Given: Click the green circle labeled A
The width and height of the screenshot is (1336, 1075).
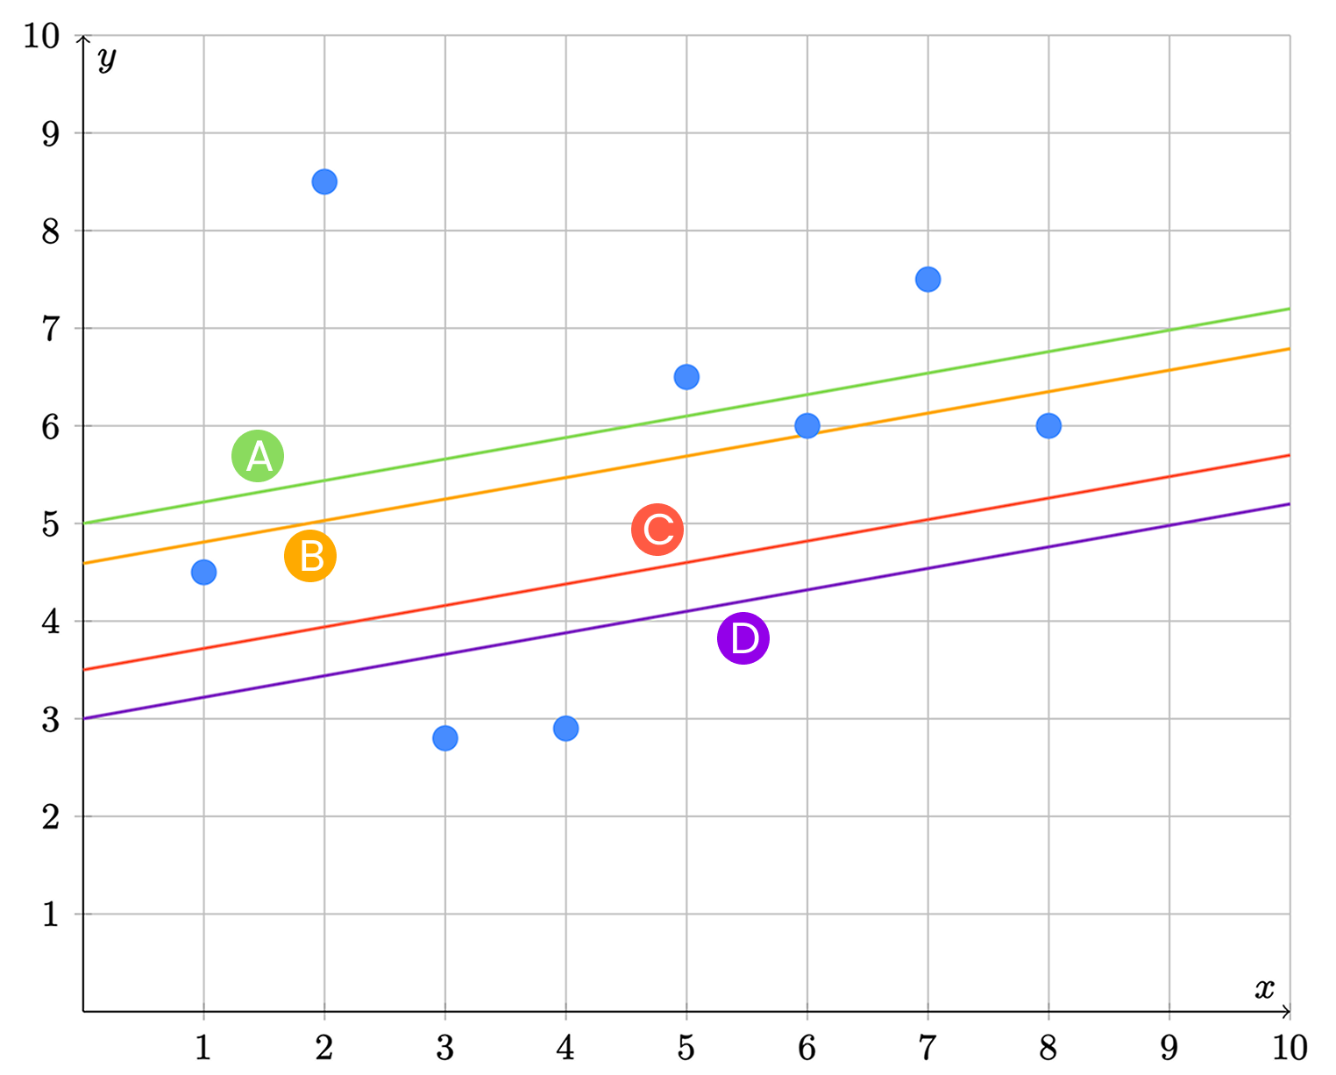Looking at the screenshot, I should (x=258, y=456).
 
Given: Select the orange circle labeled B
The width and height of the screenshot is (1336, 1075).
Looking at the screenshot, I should (x=310, y=556).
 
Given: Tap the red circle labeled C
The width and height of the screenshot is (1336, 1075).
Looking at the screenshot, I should (x=657, y=530).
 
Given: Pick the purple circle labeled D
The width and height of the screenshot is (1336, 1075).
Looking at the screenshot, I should (x=743, y=638).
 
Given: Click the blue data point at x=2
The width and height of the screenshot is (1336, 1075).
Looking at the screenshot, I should (x=324, y=182).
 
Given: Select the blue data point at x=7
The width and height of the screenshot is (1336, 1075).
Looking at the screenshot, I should (x=927, y=280).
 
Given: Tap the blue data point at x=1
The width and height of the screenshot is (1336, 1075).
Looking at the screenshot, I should (x=203, y=572).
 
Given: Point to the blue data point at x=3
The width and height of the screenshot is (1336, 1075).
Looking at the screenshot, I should (x=445, y=738).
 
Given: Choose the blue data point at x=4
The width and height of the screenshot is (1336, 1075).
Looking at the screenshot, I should (x=565, y=729).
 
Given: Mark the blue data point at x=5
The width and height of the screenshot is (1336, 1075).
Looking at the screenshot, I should (x=686, y=377).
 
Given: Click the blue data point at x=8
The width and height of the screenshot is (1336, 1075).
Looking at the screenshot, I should (x=1048, y=426).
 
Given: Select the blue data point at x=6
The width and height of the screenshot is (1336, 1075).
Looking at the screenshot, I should (x=807, y=426).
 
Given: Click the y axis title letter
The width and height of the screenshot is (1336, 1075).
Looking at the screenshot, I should (x=107, y=59).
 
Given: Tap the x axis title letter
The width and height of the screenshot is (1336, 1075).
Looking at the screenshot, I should (x=1264, y=988).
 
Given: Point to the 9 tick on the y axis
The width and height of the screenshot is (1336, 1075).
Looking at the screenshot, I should (x=50, y=134).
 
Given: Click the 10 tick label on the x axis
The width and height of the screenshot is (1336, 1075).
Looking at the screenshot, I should (x=1290, y=1048).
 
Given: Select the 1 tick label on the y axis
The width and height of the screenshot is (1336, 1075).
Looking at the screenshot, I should (x=50, y=915).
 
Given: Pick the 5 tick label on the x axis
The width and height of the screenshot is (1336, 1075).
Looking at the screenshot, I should (x=686, y=1048).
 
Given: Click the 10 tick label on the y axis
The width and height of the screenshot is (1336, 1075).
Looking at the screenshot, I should (x=41, y=37).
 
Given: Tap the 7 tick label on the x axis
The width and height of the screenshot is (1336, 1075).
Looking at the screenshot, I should (x=927, y=1048).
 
